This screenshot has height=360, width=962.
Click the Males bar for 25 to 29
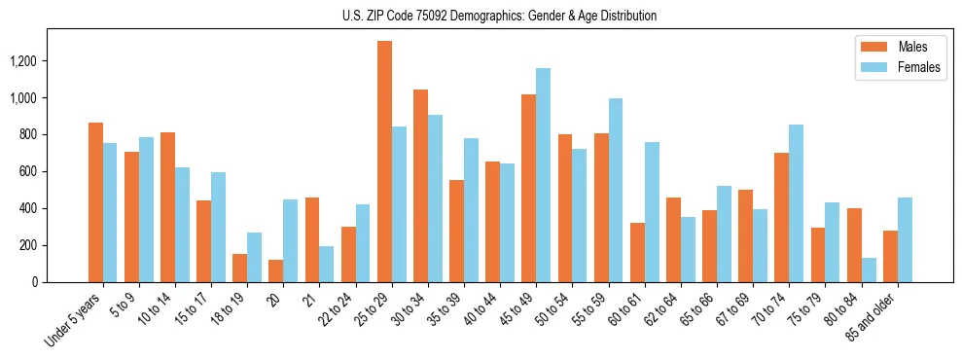coord(385,162)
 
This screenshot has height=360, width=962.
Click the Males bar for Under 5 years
coord(96,202)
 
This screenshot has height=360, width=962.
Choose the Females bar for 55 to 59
coord(615,190)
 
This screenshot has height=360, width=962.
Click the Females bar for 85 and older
coord(904,239)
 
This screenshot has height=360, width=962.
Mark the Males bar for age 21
coord(312,239)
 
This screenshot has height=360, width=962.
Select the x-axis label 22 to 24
coord(343,308)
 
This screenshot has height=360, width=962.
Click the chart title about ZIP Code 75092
coord(499,16)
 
